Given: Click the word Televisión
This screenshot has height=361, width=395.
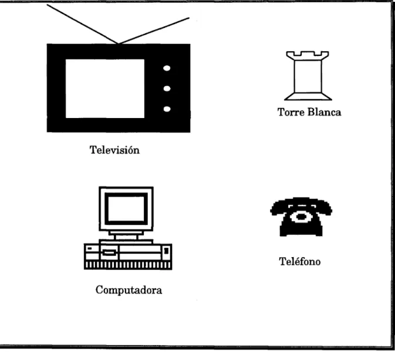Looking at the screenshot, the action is click(x=114, y=150).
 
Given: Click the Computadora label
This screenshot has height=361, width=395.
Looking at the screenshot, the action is click(x=129, y=290).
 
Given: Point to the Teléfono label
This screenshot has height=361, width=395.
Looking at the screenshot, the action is click(x=300, y=261).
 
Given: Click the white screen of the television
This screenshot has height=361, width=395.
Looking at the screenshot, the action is click(x=105, y=89).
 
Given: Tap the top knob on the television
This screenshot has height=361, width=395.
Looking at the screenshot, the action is click(x=167, y=68).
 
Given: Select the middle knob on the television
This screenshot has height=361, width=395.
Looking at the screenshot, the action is click(x=167, y=89).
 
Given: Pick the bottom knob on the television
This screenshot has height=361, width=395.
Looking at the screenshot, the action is click(x=167, y=109).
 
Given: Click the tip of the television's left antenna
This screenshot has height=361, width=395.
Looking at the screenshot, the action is click(x=48, y=5).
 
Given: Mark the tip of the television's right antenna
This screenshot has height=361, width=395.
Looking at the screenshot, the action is click(x=188, y=18).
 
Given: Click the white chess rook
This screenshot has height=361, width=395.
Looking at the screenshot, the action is click(x=308, y=76).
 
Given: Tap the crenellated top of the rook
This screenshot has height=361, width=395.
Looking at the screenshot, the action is click(x=308, y=55).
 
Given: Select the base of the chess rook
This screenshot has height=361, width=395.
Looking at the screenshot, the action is click(x=308, y=96).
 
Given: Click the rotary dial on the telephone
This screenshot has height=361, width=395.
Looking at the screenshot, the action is click(x=301, y=217).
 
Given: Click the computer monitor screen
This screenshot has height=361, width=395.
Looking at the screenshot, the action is click(x=126, y=209).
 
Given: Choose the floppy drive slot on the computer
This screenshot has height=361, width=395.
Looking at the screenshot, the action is click(x=109, y=252).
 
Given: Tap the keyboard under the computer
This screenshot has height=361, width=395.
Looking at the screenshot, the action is click(x=128, y=265).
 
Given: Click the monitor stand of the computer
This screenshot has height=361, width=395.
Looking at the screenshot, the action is click(x=126, y=235).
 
